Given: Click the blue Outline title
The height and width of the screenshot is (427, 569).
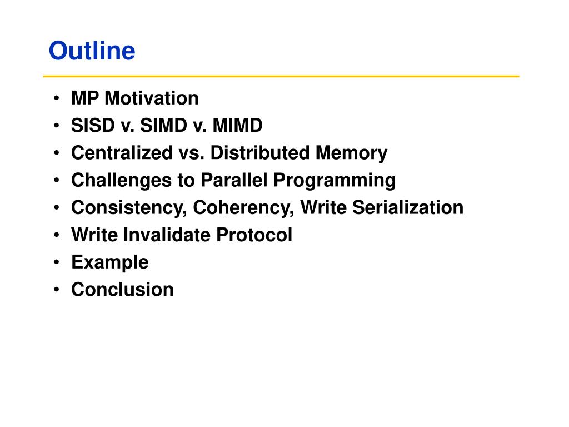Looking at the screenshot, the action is point(92,51).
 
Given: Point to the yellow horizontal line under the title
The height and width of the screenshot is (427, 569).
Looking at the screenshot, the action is point(281,76).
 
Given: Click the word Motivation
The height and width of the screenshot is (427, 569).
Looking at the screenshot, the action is point(152,98).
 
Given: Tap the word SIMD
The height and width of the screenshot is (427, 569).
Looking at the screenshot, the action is point(163,125).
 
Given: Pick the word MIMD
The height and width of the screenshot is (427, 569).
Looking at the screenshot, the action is point(237,125).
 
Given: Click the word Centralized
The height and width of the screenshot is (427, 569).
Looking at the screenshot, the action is point(122,152).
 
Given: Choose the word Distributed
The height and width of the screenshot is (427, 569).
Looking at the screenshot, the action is point(260,152).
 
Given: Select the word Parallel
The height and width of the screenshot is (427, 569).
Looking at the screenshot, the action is point(234,180).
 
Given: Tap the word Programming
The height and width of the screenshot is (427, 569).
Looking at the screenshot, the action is point(335,181).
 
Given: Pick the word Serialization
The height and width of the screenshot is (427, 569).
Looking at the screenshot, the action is point(408,207).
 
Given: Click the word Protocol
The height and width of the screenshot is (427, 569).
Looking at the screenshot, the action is point(254,235).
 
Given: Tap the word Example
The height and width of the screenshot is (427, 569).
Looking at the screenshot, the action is point(110,263).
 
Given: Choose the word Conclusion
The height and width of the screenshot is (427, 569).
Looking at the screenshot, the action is point(122,289).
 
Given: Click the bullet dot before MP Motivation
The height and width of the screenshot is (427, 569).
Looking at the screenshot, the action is point(56,98).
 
